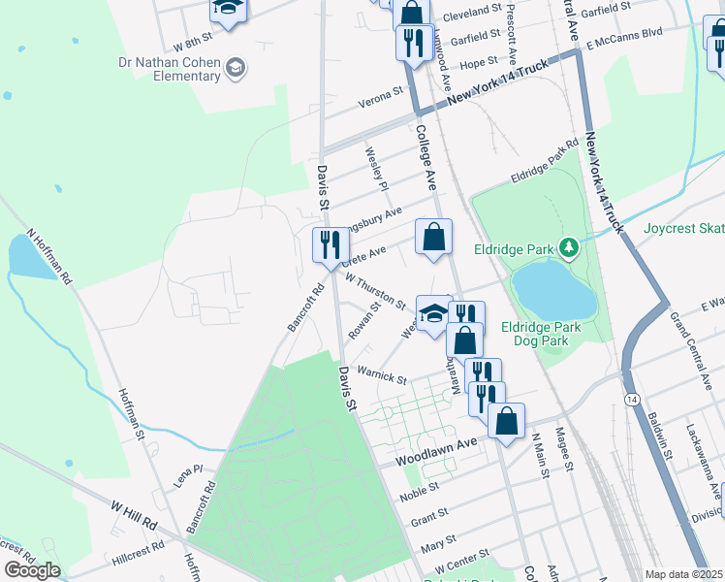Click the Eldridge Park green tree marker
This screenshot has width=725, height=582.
pos(569,249)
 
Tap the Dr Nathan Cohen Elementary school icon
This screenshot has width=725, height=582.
pos(235,67)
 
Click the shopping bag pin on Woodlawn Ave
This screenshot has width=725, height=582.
pos(505,421)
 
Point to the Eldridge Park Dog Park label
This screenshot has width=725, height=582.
pos(541,334)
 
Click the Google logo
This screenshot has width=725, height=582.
pos(32,570)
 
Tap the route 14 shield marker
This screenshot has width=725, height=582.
pos(632,399)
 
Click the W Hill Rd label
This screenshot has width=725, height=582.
pos(134,514)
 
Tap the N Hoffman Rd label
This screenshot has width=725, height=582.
pos(50,256)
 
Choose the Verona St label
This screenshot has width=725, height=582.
pos(382,95)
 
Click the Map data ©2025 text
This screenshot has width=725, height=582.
pos(683,574)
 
